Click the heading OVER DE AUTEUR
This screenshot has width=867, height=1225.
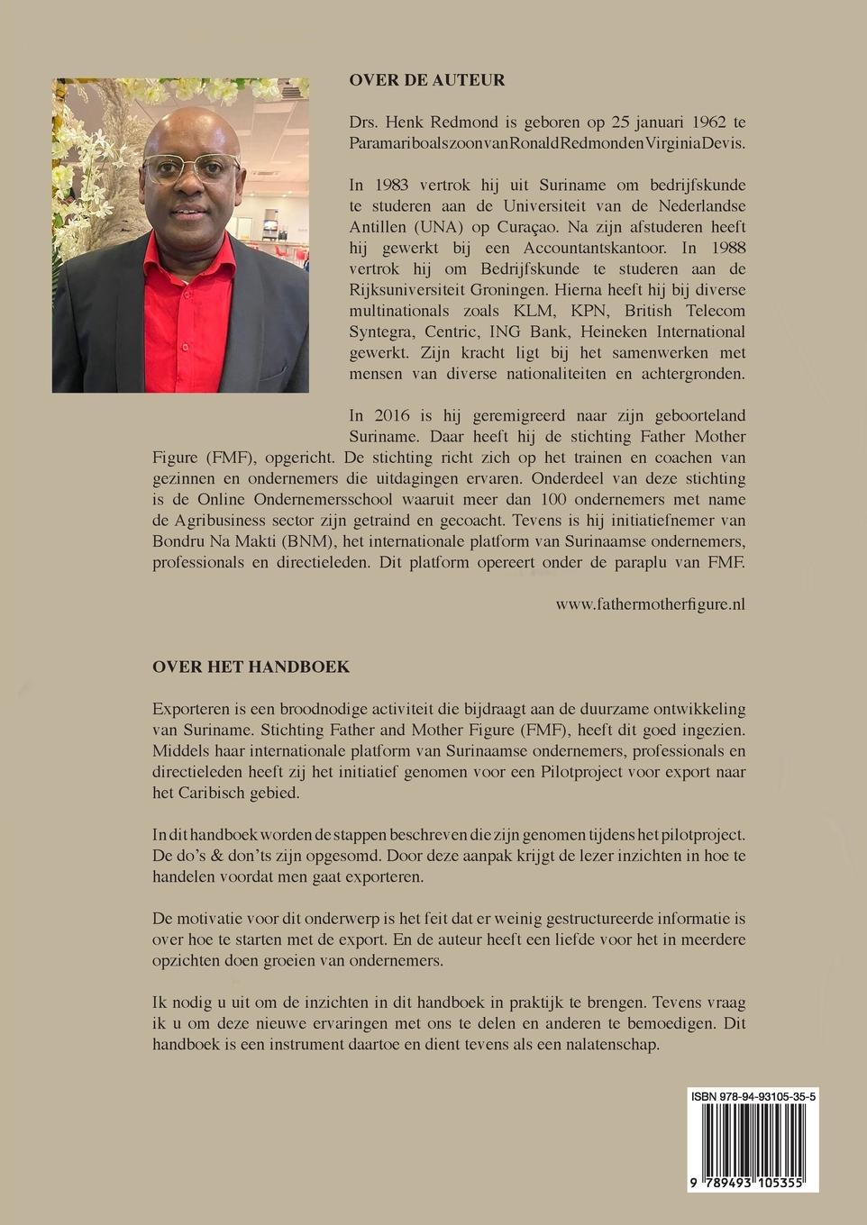427,80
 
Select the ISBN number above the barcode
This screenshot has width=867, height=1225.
753,1096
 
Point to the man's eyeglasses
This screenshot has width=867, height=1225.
190,168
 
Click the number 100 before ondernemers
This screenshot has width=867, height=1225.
554,499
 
